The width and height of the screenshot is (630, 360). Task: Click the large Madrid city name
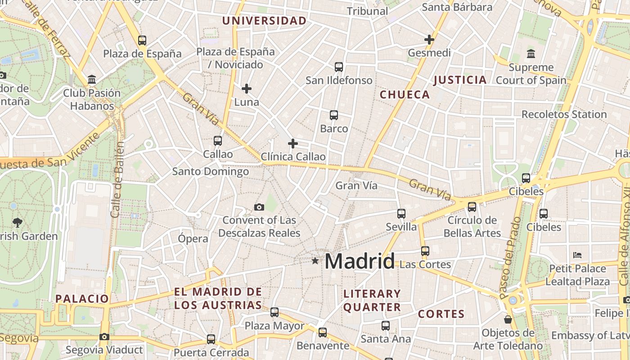(x=360, y=261)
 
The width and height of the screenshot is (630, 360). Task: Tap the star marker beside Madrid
(x=315, y=261)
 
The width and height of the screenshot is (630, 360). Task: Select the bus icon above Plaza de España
(x=142, y=40)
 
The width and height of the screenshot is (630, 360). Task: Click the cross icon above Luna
(x=247, y=89)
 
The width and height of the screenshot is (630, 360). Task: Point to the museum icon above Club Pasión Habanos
(x=92, y=80)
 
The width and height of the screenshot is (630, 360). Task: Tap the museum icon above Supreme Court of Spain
(x=531, y=54)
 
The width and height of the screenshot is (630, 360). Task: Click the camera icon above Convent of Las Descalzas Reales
(x=259, y=207)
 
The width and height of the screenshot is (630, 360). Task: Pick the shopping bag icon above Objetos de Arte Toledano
(x=508, y=319)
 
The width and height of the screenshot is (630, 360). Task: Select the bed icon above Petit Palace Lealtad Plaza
(x=577, y=255)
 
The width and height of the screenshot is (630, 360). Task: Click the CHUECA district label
(x=405, y=94)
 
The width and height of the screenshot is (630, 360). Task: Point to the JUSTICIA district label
(x=460, y=80)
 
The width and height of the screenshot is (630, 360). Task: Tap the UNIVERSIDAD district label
(x=264, y=21)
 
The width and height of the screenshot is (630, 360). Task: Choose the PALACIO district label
(x=82, y=298)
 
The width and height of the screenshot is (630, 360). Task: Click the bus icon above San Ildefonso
(x=339, y=67)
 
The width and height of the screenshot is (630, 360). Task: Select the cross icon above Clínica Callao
(x=293, y=144)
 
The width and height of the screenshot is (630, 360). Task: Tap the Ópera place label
(x=193, y=238)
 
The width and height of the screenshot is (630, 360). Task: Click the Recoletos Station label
(x=564, y=114)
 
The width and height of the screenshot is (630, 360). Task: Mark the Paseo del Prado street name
(x=510, y=257)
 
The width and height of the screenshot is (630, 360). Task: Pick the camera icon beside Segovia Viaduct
(x=104, y=337)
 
